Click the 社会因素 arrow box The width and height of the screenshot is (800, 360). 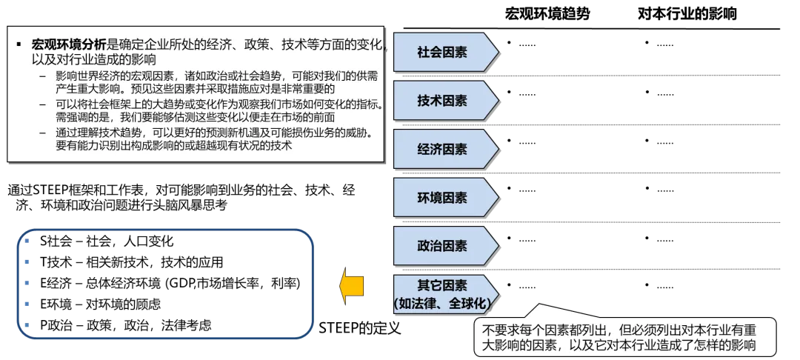point(443,53)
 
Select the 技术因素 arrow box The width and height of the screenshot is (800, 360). point(443,101)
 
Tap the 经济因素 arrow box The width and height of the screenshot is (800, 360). point(443,149)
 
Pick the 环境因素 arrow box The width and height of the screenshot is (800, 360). point(443,198)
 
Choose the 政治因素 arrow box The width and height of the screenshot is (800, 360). point(443,246)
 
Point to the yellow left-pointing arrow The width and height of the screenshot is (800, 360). point(351,285)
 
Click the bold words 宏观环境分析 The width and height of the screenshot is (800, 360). point(70,44)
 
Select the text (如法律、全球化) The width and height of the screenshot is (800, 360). point(443,302)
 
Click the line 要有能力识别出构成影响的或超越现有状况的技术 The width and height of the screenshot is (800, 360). point(174,146)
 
